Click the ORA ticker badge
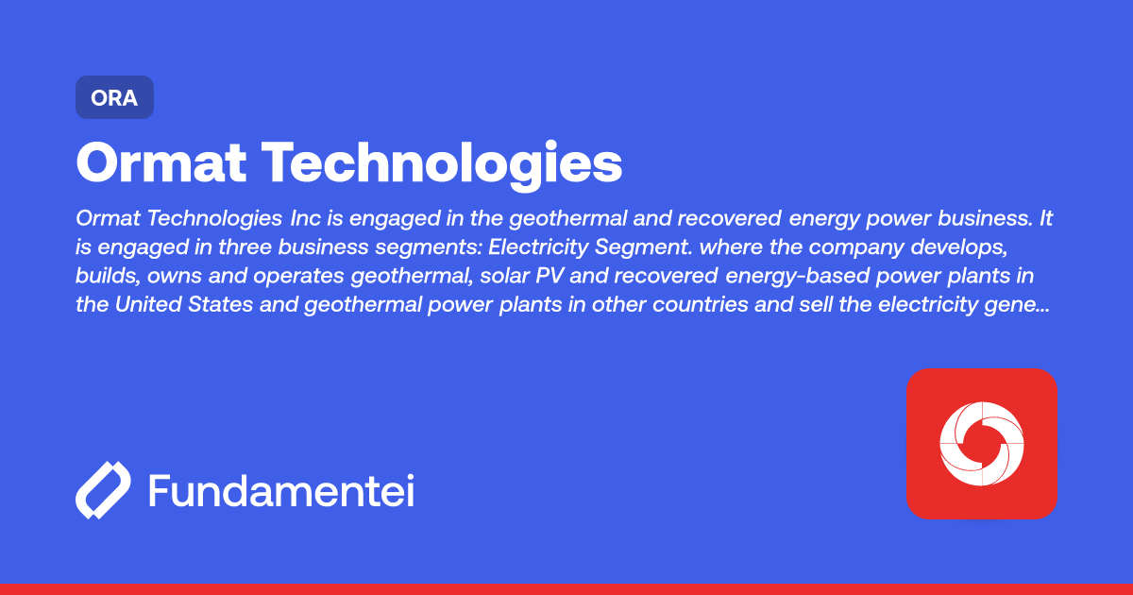[114, 97]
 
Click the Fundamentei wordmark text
[281, 490]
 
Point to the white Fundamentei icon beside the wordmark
[102, 490]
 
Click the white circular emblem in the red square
[981, 443]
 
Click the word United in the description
[150, 308]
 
